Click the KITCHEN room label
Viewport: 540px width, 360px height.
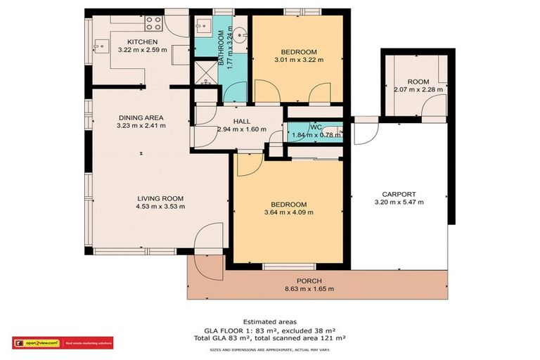tap(142, 41)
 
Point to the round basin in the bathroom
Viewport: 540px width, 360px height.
tap(240, 32)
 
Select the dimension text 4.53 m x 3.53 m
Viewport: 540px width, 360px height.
tap(161, 207)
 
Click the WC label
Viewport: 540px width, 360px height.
tap(316, 127)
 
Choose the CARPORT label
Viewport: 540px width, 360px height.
tap(399, 194)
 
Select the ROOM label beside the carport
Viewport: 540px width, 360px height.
tap(418, 81)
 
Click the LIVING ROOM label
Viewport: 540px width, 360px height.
tap(160, 198)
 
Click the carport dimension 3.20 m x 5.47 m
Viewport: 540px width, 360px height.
tap(399, 202)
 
